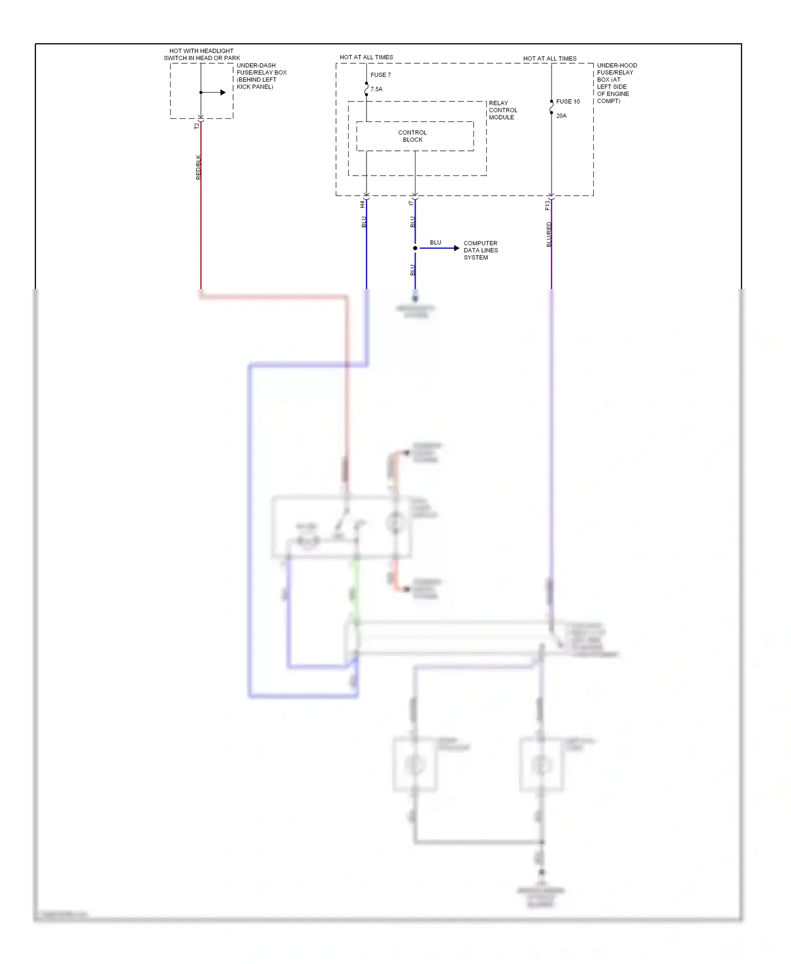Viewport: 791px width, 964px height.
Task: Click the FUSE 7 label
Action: click(381, 75)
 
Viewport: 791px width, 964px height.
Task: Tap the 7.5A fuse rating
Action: click(377, 89)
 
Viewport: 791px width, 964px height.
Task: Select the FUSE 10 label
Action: click(568, 101)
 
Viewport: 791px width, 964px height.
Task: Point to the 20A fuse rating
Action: click(562, 115)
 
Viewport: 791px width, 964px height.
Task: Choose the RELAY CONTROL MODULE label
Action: click(503, 110)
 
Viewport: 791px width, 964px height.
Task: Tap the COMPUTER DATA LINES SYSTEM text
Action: click(480, 250)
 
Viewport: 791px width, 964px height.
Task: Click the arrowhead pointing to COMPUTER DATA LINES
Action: click(456, 248)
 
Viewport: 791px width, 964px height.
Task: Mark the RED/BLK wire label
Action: click(198, 167)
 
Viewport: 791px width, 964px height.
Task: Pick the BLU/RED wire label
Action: click(549, 234)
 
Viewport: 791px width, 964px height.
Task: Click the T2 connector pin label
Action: click(197, 126)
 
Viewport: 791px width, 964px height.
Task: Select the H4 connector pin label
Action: click(362, 204)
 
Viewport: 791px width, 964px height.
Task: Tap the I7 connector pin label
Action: click(411, 203)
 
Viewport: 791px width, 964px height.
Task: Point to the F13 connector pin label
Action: click(547, 205)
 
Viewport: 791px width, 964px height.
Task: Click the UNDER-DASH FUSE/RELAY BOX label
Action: click(261, 76)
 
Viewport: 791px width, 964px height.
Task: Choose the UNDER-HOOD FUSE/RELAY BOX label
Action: click(616, 83)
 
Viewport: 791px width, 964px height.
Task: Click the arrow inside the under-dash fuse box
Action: click(223, 93)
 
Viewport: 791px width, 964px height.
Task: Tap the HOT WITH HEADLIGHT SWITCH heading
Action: click(201, 54)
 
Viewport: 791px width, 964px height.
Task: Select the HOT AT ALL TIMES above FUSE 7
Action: click(366, 57)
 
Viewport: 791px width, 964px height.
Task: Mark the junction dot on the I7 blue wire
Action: click(415, 248)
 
